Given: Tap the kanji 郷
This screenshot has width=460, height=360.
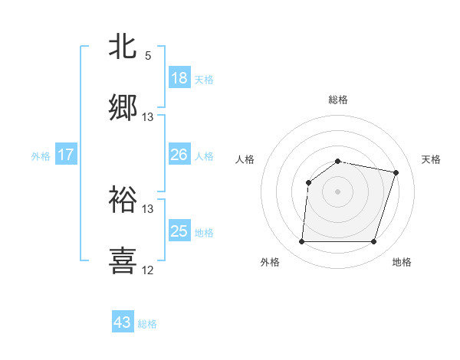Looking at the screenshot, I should (x=123, y=108).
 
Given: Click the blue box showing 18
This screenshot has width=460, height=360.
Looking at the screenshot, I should (x=179, y=78).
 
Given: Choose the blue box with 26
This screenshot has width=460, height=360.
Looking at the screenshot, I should (x=179, y=155).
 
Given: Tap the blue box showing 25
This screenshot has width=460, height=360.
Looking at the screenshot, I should (x=179, y=231).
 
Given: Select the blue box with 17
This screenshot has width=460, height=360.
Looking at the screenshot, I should (x=66, y=155).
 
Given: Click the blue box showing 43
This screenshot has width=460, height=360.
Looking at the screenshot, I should (x=123, y=322).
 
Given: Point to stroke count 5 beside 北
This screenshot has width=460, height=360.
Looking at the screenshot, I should (x=148, y=56).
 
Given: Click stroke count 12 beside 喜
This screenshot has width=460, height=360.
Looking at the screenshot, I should (x=148, y=270).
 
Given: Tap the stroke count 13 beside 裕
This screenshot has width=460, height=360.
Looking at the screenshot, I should (x=148, y=208).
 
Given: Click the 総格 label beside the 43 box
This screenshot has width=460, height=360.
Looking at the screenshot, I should (x=147, y=324).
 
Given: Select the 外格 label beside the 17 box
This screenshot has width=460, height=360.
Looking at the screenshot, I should (x=41, y=156).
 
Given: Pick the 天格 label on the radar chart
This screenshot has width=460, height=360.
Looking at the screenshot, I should (x=431, y=159).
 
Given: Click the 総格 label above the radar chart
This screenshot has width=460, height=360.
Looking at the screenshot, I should (x=337, y=100).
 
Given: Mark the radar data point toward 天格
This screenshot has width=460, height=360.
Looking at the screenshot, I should (x=396, y=172).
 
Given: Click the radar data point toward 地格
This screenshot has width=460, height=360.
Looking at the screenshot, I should (x=373, y=242).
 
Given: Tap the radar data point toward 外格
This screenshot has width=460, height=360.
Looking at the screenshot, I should (x=301, y=242).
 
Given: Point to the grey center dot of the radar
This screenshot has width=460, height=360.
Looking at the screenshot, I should (x=337, y=191).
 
